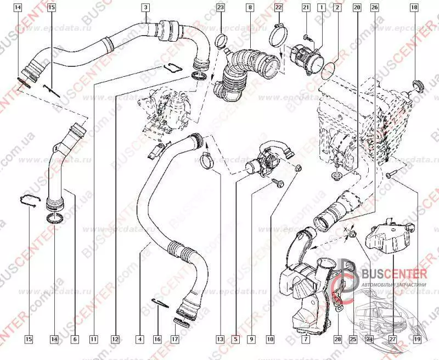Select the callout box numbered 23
220,8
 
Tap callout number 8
250,8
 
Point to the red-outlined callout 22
278,8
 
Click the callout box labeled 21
306,8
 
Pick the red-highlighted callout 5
236,340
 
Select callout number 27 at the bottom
392,340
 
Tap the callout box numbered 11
93,340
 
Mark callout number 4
140,340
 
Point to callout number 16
157,340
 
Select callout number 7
305,340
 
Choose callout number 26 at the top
374,8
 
